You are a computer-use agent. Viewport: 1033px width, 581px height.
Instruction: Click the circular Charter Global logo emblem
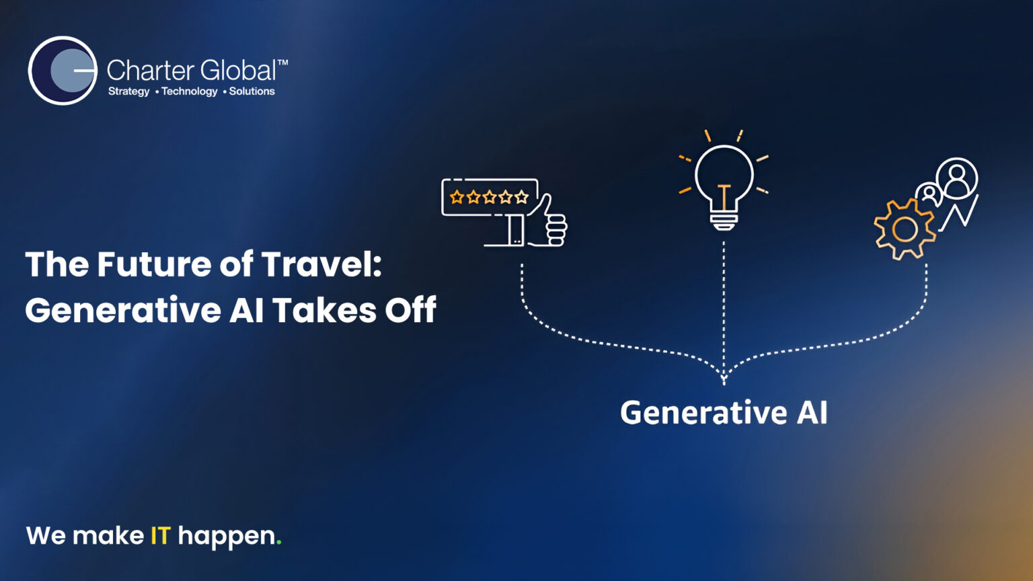(x=63, y=71)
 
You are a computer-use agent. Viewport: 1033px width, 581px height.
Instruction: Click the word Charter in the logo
(x=150, y=71)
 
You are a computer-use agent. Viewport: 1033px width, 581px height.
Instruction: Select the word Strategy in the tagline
(x=128, y=91)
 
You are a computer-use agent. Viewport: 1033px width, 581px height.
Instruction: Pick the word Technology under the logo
(x=189, y=91)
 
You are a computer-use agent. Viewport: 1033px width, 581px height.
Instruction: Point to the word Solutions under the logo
(x=252, y=91)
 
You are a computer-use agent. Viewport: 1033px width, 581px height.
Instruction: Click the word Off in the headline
(x=410, y=311)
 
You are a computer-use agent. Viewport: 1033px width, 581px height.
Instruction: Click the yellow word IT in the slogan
(x=160, y=536)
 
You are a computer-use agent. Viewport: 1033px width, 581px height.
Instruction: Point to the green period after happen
(x=279, y=543)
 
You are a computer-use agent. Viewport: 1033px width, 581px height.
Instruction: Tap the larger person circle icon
(x=956, y=178)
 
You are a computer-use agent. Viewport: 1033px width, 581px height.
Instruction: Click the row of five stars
(x=489, y=197)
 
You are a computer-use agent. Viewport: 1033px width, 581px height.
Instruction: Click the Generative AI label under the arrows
(x=724, y=413)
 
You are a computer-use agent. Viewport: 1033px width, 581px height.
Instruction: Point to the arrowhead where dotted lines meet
(x=724, y=379)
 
